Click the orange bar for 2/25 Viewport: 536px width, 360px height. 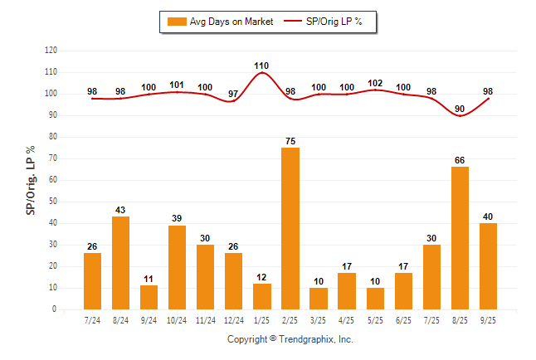(290, 228)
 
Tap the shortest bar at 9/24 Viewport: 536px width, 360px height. (149, 297)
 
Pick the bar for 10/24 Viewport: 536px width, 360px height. (178, 267)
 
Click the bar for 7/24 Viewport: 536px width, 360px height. (93, 281)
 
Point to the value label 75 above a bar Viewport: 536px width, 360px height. (290, 141)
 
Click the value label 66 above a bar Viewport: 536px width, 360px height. (460, 160)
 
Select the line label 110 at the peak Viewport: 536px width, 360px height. (262, 66)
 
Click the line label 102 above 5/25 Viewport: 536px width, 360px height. (375, 83)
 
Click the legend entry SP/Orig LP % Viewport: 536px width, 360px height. (329, 22)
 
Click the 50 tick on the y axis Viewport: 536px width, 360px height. (52, 202)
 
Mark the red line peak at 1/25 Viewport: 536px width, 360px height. (262, 73)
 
